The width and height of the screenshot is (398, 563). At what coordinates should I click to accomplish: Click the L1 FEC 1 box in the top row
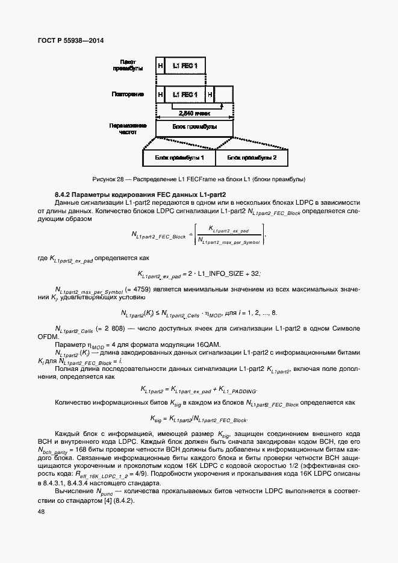coord(185,66)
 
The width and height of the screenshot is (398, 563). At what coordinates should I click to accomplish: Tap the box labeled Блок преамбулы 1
coord(179,158)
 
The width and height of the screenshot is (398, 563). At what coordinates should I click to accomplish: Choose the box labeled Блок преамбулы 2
coord(252,158)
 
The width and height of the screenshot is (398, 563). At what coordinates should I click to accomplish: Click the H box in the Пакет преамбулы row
coord(160,66)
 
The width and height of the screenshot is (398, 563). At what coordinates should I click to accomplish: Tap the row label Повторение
coord(128,95)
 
